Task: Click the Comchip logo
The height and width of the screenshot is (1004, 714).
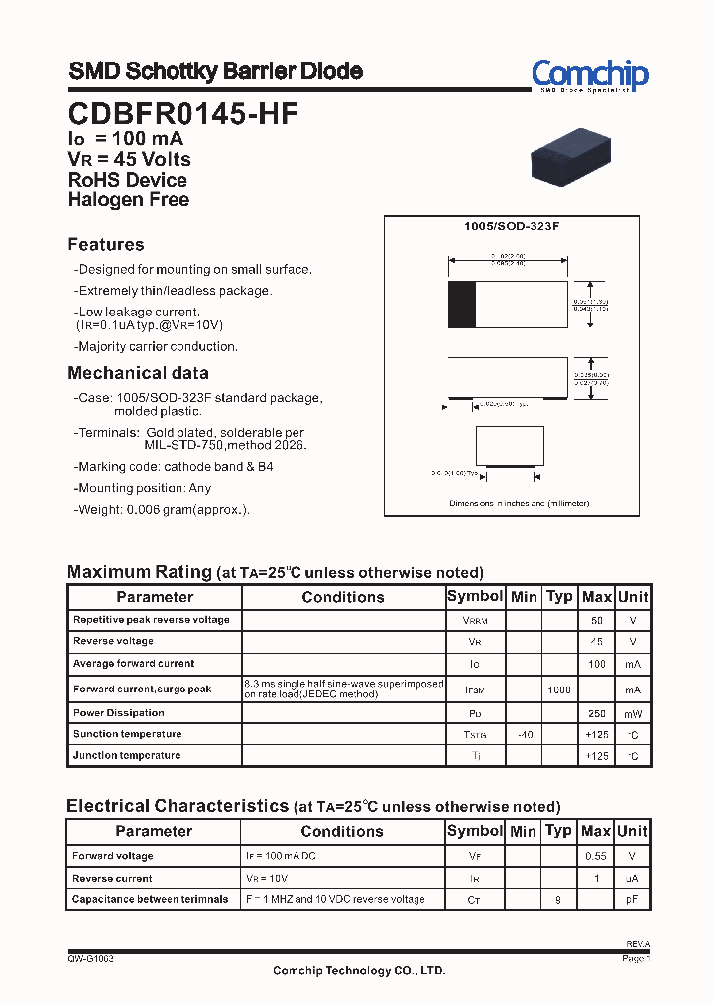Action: (589, 74)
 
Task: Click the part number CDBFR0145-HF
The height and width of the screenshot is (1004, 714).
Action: (183, 114)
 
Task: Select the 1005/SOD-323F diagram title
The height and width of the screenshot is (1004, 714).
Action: (512, 227)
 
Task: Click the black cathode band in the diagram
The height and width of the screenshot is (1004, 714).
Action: (462, 304)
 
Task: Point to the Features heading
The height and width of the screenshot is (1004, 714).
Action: (106, 245)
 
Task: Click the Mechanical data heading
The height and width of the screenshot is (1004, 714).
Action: (138, 373)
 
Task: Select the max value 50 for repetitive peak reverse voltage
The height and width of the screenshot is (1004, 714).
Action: (597, 620)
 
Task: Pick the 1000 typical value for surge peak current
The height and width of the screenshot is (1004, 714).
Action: (559, 690)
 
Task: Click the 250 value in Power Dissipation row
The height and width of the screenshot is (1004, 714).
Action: (597, 714)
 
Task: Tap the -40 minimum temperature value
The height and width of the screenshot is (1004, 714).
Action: (524, 735)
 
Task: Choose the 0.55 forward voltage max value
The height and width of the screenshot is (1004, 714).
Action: (596, 856)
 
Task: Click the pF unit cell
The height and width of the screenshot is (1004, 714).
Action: (632, 900)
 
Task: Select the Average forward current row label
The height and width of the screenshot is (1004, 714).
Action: (134, 664)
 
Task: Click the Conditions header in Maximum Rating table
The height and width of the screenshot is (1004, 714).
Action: (343, 597)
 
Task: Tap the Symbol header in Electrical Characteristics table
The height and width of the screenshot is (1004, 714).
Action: (475, 831)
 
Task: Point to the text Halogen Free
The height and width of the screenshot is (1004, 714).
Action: (129, 200)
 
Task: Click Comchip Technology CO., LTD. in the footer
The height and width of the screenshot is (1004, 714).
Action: (359, 971)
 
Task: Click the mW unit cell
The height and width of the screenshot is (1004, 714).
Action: (632, 714)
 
